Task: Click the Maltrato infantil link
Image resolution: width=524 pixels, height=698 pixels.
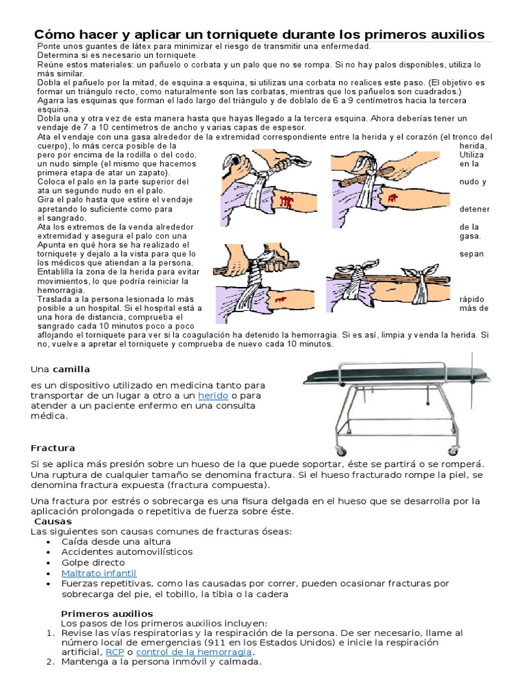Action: tap(99, 573)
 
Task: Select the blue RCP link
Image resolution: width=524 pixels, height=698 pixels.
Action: tap(115, 652)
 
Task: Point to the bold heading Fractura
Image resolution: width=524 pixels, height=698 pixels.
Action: tap(53, 448)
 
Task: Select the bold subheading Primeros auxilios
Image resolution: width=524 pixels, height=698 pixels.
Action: tap(106, 613)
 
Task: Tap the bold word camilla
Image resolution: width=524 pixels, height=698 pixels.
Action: tap(73, 369)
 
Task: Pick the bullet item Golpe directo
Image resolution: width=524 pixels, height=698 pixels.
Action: tap(93, 562)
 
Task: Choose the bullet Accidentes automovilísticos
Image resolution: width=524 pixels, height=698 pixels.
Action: tap(127, 551)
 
